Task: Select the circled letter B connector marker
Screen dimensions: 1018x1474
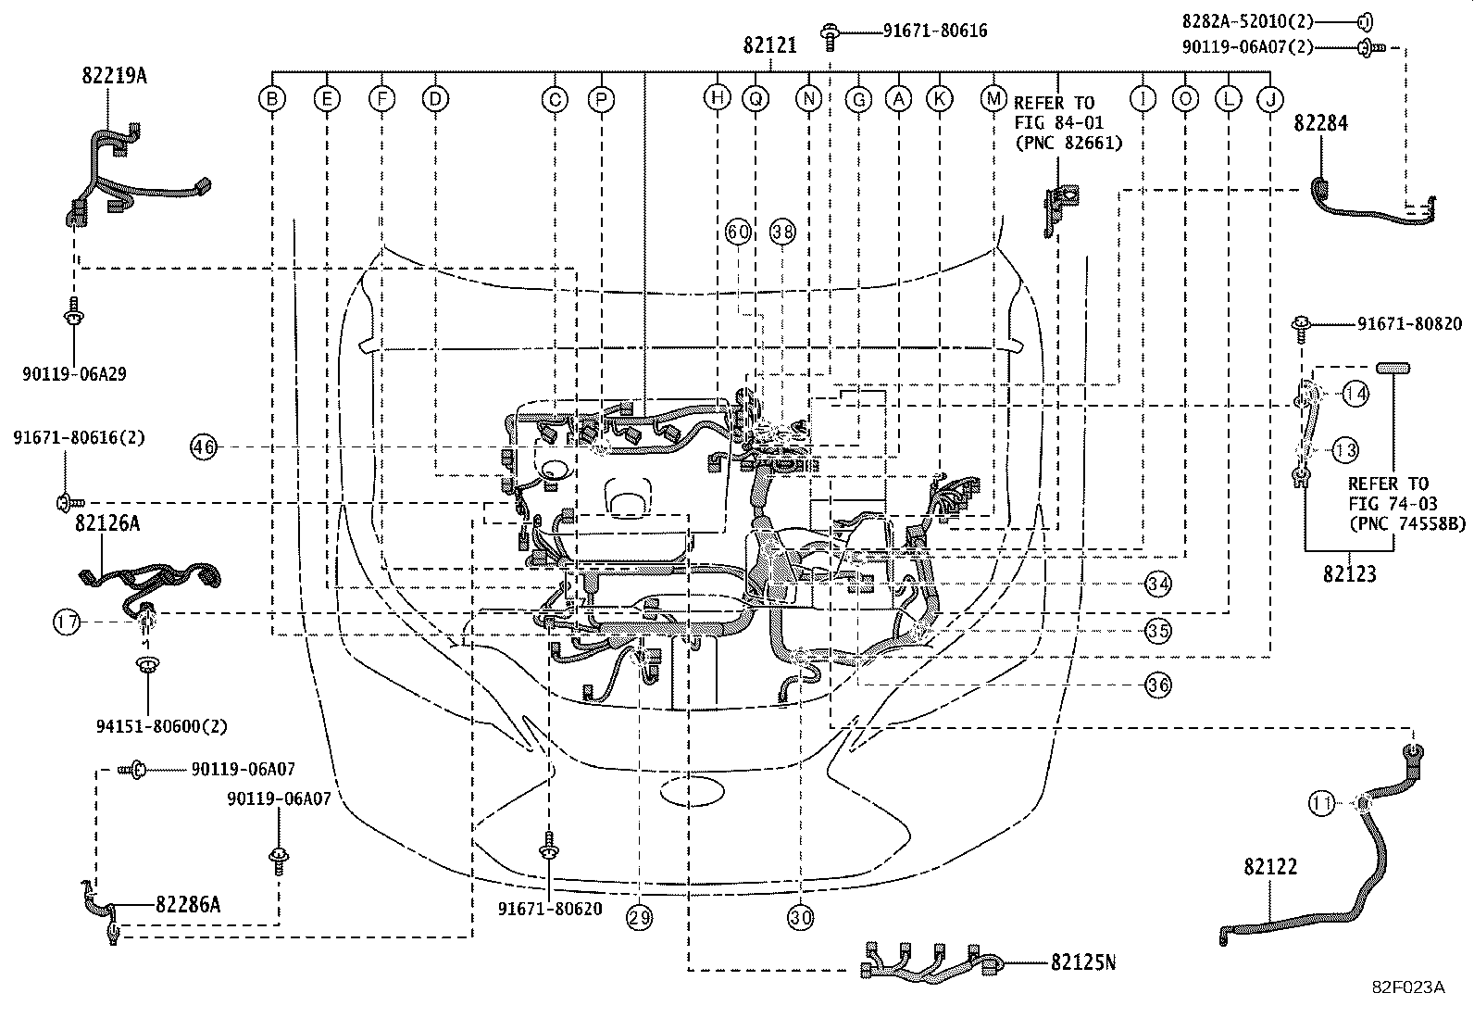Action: [271, 98]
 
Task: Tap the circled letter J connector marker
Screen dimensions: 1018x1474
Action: [1269, 98]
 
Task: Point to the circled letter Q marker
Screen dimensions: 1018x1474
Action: [757, 98]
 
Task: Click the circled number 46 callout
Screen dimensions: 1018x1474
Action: [203, 447]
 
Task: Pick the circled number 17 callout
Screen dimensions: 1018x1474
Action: [67, 622]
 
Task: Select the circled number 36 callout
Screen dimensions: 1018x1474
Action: [1157, 685]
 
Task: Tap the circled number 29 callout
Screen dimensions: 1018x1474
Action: [639, 917]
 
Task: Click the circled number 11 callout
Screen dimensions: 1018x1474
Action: [1322, 803]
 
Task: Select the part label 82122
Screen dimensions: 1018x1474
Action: [1270, 867]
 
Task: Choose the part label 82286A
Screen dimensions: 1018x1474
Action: [188, 905]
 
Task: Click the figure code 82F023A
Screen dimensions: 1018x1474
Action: [1408, 987]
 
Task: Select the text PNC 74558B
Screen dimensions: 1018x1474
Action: [1407, 523]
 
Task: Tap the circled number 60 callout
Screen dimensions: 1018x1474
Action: [738, 233]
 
